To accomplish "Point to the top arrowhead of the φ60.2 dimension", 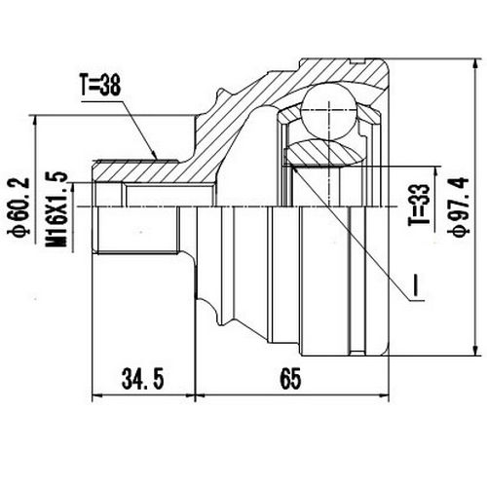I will [x=36, y=119].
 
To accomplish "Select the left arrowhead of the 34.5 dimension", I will [x=95, y=395].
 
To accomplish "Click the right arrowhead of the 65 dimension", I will [x=386, y=395].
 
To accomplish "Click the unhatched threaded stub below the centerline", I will [x=136, y=233].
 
